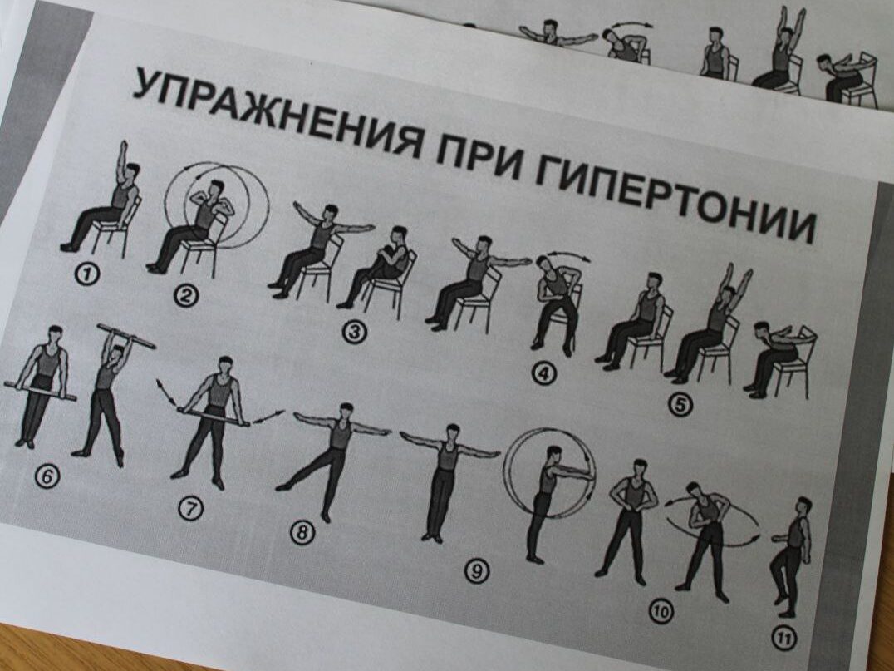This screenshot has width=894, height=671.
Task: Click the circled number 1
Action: point(87,274)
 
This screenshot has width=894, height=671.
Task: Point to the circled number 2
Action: point(186,295)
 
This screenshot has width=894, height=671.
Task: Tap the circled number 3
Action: point(354,332)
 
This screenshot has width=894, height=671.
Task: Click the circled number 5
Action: point(680,405)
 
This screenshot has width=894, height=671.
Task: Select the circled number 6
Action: point(47,476)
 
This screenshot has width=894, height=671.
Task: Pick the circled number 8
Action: point(302,533)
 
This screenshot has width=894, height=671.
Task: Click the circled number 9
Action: point(477,570)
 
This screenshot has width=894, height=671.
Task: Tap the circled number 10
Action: point(661,612)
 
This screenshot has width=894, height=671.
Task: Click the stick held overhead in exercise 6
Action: point(126,336)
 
